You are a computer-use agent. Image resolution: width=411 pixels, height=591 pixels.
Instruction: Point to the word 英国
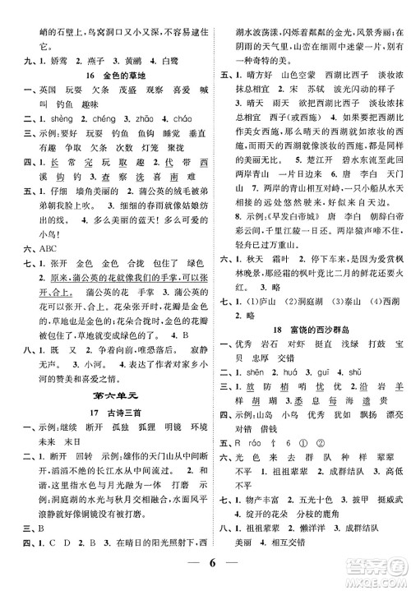click(38, 92)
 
